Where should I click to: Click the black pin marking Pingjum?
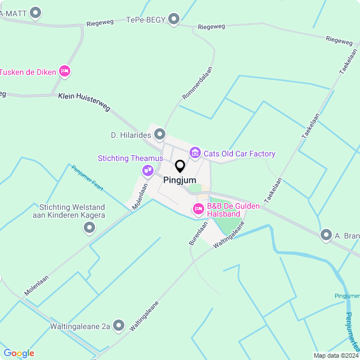(x=180, y=166)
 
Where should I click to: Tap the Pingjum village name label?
(x=180, y=181)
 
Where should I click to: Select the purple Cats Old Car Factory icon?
(x=195, y=152)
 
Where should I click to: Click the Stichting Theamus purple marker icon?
(x=148, y=169)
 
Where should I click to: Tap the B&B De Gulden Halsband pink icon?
(x=198, y=209)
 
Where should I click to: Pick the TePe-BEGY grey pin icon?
(x=174, y=20)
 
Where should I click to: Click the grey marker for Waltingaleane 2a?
(x=119, y=325)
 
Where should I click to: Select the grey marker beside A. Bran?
(x=326, y=235)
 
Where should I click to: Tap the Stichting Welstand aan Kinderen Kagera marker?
(x=89, y=228)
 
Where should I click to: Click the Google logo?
(x=19, y=353)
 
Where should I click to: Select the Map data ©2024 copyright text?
(x=336, y=355)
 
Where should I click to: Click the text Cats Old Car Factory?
(x=239, y=154)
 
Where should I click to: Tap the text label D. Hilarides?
(x=130, y=135)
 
